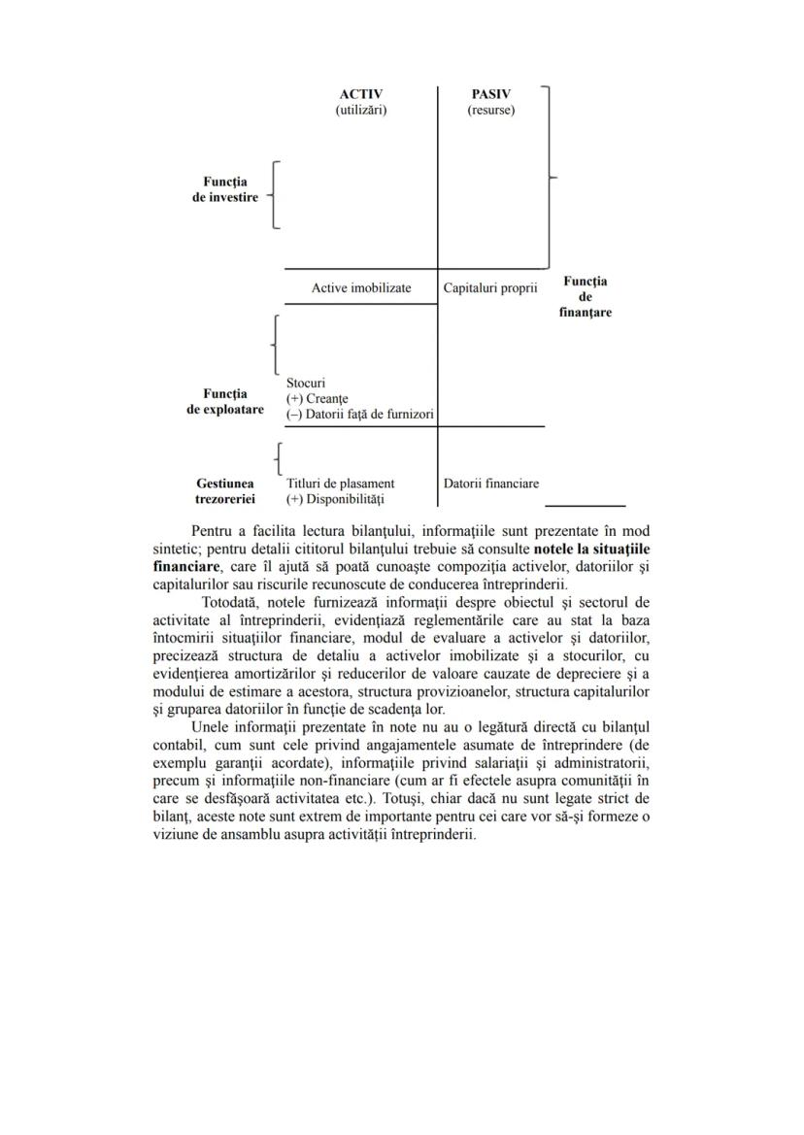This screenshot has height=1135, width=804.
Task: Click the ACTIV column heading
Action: coord(360,94)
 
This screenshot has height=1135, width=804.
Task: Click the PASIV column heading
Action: coord(490,94)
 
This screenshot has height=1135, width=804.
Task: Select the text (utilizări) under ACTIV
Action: coord(360,110)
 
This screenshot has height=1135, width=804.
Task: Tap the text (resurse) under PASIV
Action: coord(490,110)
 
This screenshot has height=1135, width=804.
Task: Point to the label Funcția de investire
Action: coord(225,189)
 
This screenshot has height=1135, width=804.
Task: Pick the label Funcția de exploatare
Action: coord(225,402)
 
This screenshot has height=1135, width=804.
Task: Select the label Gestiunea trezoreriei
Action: coord(225,490)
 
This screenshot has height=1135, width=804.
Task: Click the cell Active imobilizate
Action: coord(360,288)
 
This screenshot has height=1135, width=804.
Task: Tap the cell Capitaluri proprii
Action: coord(490,288)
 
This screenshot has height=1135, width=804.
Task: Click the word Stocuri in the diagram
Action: coord(306,383)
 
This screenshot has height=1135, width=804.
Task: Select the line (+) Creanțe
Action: coord(317,399)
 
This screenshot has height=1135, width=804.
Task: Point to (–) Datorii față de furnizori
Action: coord(359,415)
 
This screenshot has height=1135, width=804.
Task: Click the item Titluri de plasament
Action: coord(340,483)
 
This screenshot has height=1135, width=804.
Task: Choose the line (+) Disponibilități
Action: coord(335,499)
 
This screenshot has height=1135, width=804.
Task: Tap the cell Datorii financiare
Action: coord(490,483)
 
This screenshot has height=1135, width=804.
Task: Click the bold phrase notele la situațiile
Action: coord(591,547)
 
